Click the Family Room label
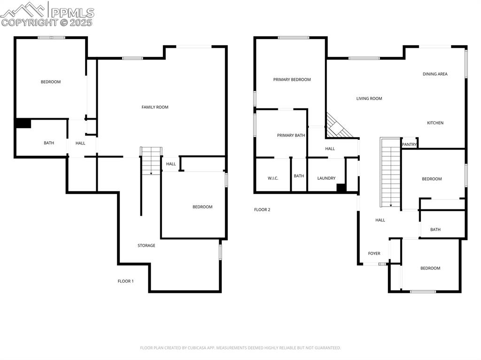click(x=155, y=107)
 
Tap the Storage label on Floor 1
click(x=146, y=245)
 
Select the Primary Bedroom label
click(x=292, y=80)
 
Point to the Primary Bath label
click(x=291, y=136)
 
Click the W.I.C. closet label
click(x=273, y=178)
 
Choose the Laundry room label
click(x=326, y=178)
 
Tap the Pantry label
click(x=409, y=145)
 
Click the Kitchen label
click(x=435, y=123)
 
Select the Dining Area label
click(x=435, y=74)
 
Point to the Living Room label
click(x=369, y=99)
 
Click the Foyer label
click(x=374, y=253)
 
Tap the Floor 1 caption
click(x=125, y=281)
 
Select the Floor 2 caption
click(x=262, y=210)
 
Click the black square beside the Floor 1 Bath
click(x=23, y=123)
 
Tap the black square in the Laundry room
click(x=341, y=188)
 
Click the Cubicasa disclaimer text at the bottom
click(x=240, y=348)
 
